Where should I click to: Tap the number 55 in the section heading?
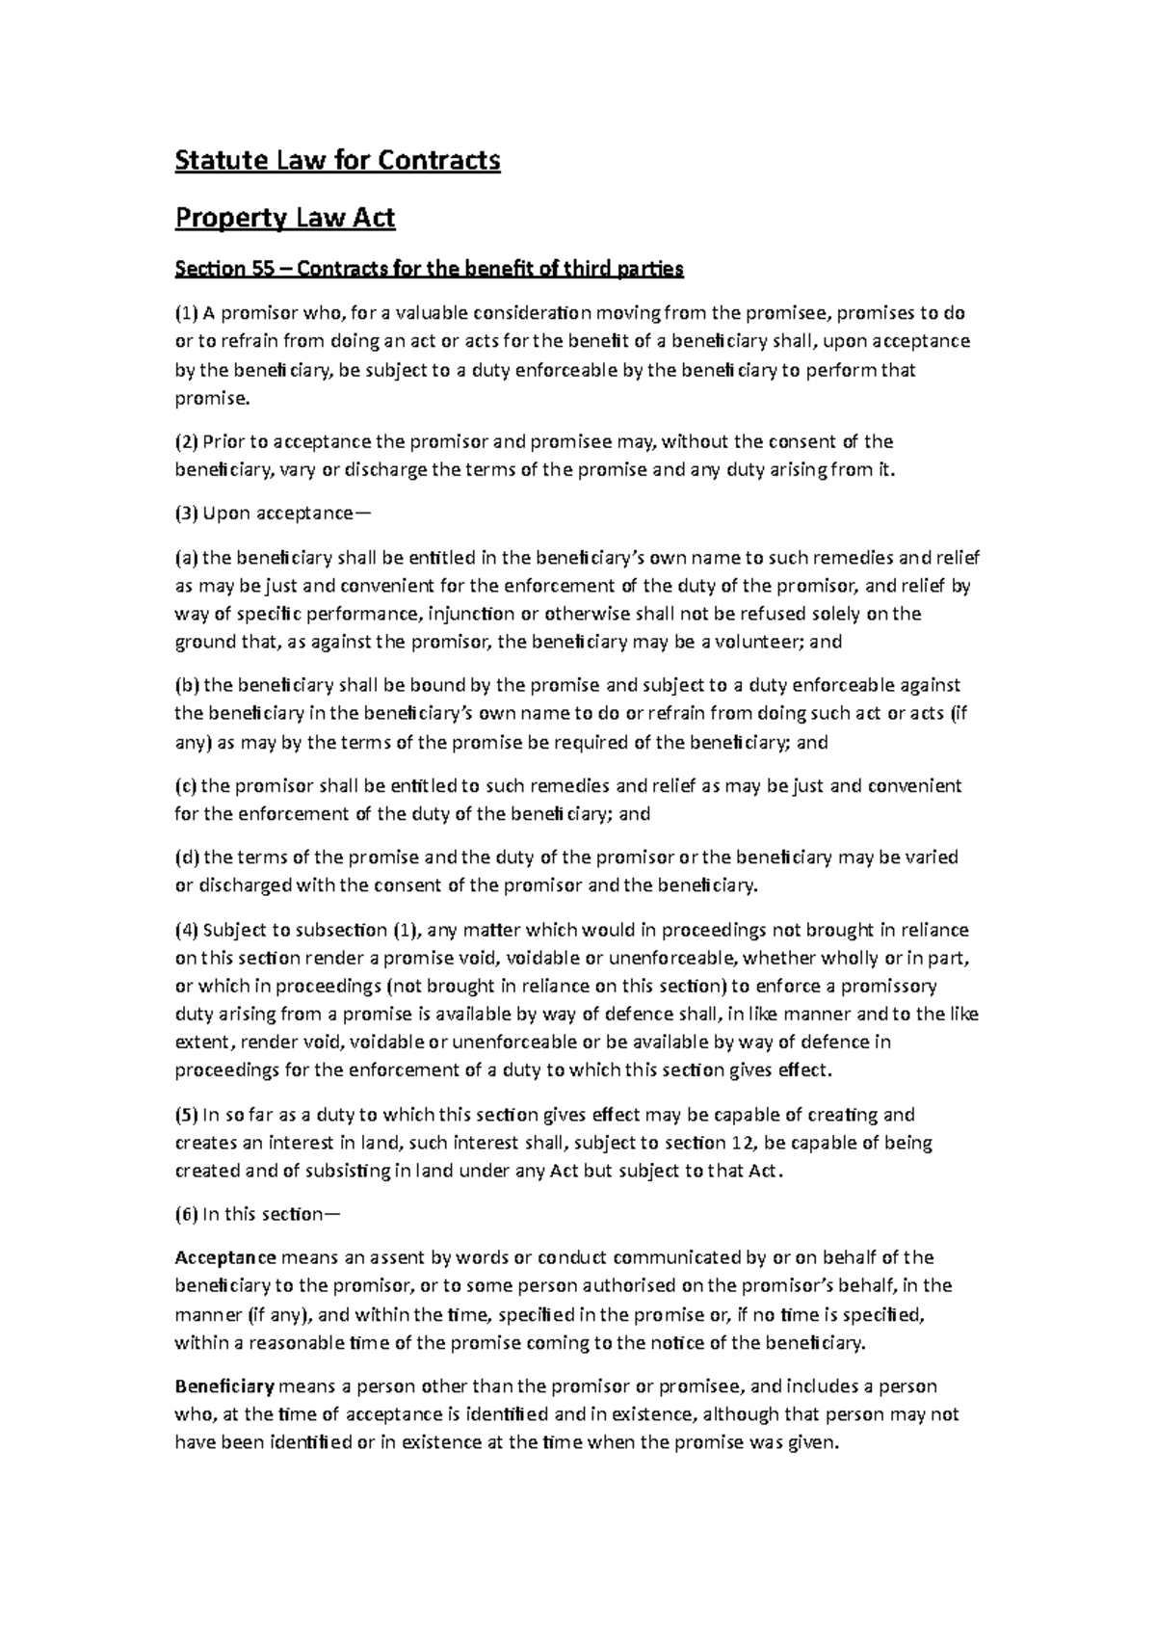coord(263,270)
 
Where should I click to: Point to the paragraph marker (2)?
coord(185,442)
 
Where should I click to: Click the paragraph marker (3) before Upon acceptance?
coord(185,514)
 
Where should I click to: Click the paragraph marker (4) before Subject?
coord(185,930)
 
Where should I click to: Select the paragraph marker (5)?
coord(185,1115)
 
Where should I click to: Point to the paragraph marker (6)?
coord(185,1215)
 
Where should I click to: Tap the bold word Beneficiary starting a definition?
coord(224,1386)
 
